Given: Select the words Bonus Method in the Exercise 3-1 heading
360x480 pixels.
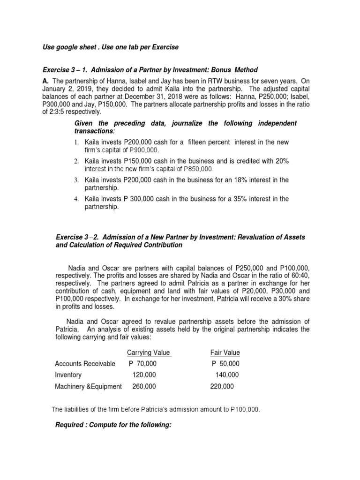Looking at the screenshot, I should [x=237, y=70].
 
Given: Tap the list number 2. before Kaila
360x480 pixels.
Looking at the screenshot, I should [x=76, y=161].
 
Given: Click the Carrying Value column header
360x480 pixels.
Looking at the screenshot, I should [x=149, y=352].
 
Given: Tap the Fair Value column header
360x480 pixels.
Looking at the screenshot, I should [x=225, y=352].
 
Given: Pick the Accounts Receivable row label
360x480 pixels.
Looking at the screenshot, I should [x=85, y=364].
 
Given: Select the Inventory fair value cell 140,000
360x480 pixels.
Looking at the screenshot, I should [x=227, y=375].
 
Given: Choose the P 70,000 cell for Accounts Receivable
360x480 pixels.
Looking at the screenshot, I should [x=143, y=364].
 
